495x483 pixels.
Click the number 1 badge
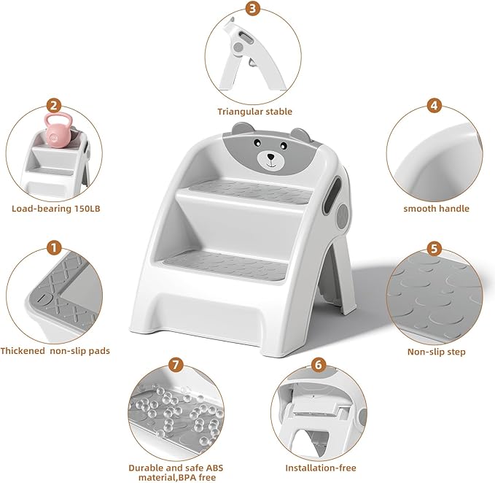[53, 247]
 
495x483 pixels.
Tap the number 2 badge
[53, 106]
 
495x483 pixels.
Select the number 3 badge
[253, 9]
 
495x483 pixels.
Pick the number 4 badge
[434, 105]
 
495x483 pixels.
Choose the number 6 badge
[318, 364]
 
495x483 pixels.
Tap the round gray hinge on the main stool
[342, 218]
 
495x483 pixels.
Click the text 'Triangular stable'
[254, 112]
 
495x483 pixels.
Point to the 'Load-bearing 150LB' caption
[55, 208]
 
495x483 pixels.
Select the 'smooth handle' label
[436, 208]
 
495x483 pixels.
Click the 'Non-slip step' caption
[436, 352]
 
